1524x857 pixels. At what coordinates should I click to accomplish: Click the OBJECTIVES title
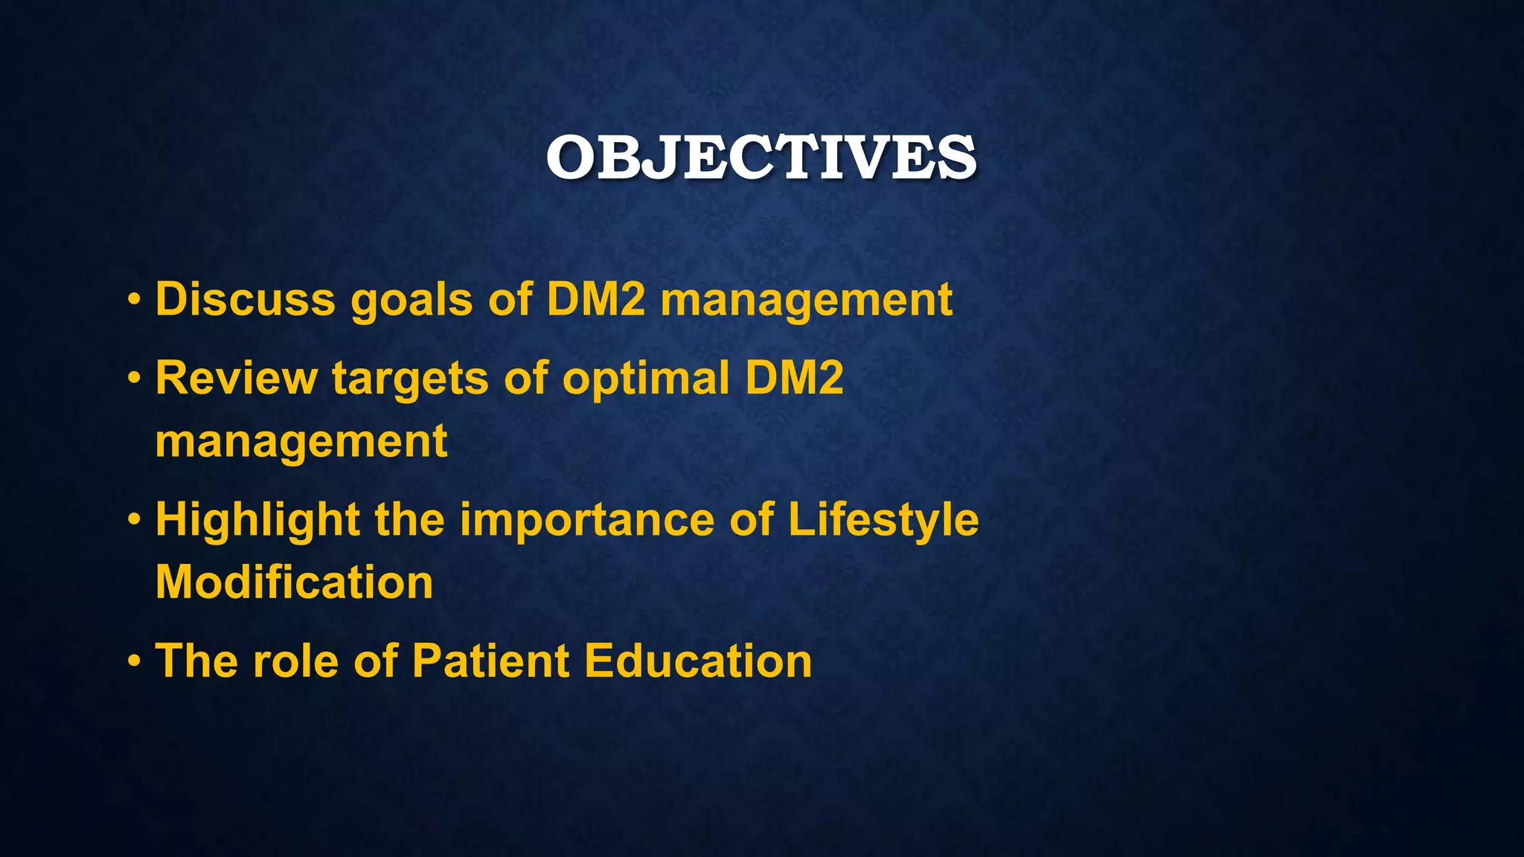pos(761,158)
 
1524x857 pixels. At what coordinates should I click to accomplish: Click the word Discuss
pos(245,299)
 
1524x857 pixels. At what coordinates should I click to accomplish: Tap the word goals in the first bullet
pos(411,301)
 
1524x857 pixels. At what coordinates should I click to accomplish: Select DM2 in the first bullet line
pos(595,299)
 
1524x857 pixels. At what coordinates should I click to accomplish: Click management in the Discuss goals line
pos(806,301)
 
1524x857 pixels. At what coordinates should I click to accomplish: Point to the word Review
pos(236,378)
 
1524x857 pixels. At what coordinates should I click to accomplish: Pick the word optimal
pos(645,378)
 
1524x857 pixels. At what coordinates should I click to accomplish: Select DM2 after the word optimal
pos(794,378)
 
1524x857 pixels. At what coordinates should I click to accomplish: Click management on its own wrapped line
pos(301,442)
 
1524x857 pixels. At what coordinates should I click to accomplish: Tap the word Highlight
pos(257,519)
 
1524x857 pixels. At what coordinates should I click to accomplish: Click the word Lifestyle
pos(883,519)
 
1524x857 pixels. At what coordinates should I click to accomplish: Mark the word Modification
pos(294,582)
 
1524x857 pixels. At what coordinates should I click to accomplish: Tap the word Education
pos(698,661)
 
